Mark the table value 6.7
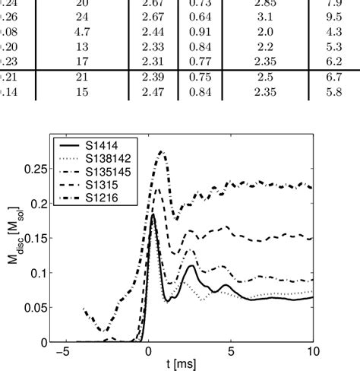point(333,78)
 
